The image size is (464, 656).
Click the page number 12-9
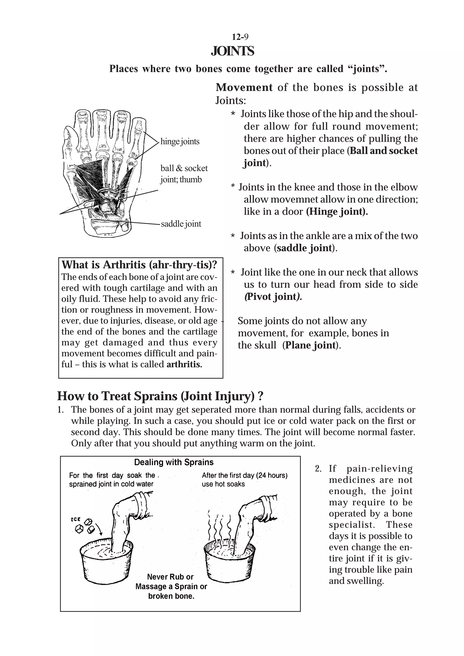240,37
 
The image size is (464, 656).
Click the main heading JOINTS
232,51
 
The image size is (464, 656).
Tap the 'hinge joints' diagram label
180,141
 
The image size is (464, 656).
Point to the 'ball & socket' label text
184,168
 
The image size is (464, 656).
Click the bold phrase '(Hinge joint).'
337,211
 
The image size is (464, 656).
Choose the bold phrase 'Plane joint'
311,345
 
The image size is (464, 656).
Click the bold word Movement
244,87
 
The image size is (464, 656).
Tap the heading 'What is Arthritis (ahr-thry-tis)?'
139,265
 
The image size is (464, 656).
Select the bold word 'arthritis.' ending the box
184,364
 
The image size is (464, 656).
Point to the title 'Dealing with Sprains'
174,462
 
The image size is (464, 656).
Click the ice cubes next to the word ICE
86,526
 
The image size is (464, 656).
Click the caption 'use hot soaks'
223,484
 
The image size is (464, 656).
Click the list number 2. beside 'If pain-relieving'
318,469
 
